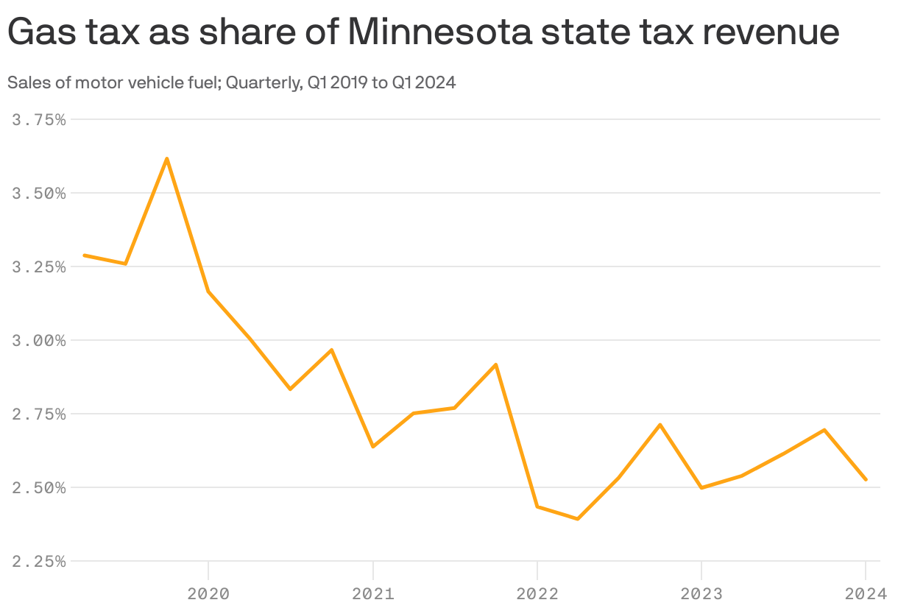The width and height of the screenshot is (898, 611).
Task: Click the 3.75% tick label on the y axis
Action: point(39,119)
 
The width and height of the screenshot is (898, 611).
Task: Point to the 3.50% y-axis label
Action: point(39,193)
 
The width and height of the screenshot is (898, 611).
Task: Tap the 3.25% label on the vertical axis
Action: point(39,266)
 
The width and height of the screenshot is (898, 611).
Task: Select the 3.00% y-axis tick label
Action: point(39,340)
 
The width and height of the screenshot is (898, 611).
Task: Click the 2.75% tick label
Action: point(39,414)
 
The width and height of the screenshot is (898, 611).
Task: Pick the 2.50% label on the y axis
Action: point(39,487)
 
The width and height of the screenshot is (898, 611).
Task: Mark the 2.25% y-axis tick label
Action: point(39,561)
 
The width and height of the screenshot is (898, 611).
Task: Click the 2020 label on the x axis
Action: point(208,593)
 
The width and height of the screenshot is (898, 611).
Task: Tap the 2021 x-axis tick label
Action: point(373,593)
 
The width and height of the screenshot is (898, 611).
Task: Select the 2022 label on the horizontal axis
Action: point(537,593)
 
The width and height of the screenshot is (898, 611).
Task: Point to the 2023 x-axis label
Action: point(701,593)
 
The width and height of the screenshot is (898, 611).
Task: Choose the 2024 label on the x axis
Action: point(866,593)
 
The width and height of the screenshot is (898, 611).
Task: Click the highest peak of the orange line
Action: point(167,158)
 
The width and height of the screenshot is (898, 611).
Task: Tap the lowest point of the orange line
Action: point(578,519)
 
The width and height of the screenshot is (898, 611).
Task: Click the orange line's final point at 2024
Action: point(866,480)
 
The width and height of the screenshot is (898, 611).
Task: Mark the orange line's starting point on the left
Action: point(85,255)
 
